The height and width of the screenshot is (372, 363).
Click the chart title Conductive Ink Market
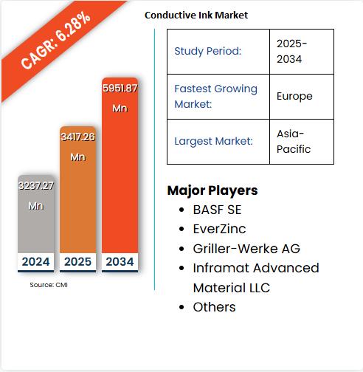(x=196, y=15)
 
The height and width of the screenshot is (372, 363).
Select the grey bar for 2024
(x=35, y=221)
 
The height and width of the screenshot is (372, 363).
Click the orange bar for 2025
(x=77, y=207)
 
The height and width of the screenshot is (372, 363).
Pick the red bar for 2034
(x=120, y=185)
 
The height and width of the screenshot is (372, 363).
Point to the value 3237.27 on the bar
(x=35, y=186)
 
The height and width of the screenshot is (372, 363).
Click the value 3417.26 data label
(x=77, y=137)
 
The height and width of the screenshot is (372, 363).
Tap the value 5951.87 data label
(x=120, y=88)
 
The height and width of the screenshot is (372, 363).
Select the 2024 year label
(x=35, y=261)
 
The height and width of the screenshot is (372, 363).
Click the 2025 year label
(x=77, y=261)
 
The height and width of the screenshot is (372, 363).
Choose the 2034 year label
(x=120, y=261)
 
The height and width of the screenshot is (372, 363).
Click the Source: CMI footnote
(x=48, y=284)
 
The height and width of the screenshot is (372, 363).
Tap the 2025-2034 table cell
(x=292, y=51)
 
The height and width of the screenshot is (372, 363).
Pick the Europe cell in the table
(x=294, y=96)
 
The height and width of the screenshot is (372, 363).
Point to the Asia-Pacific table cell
(x=294, y=141)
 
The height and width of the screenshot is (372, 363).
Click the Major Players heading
(x=212, y=190)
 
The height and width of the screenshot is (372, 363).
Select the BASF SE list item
(x=217, y=210)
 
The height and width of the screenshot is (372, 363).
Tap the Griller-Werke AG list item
(x=246, y=249)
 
